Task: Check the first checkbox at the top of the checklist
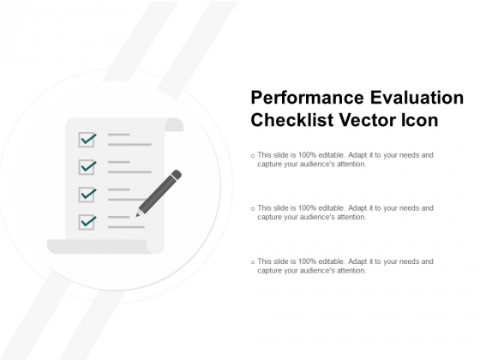point(87,139)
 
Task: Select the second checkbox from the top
point(87,166)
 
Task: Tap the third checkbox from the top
point(87,194)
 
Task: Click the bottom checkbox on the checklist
point(87,221)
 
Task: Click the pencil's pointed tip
point(137,214)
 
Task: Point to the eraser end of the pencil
point(177,175)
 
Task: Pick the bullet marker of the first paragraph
point(252,156)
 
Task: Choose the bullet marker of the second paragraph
point(252,208)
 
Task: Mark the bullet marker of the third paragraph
point(252,261)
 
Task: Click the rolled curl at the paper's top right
point(175,125)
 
